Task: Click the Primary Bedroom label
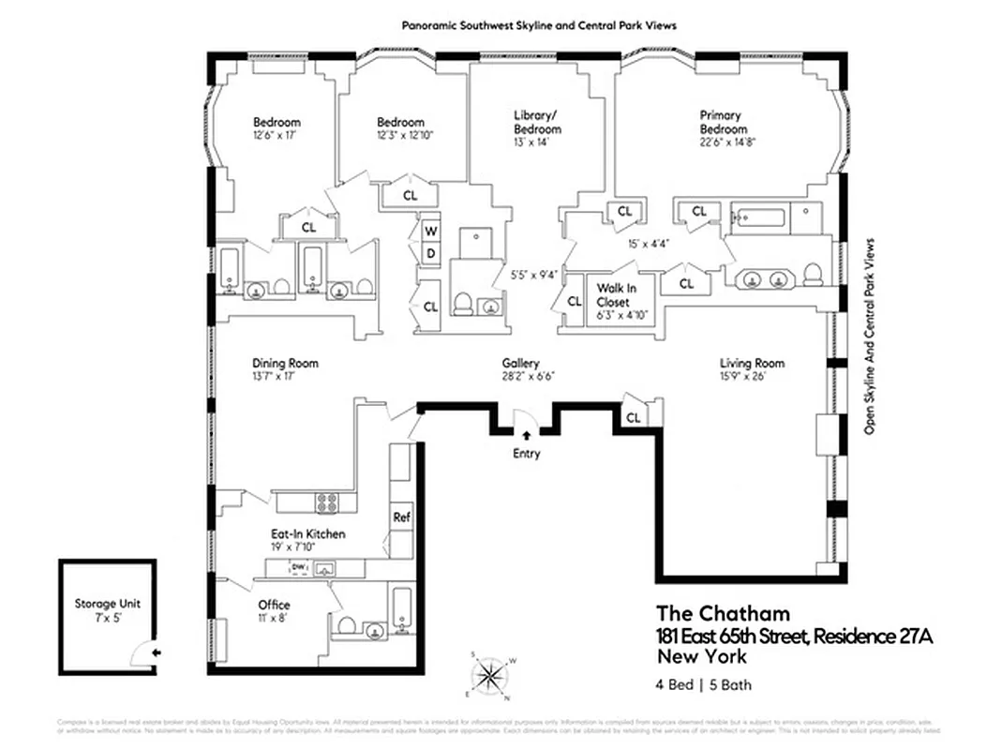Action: pos(724,122)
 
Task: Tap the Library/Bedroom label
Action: pos(537,122)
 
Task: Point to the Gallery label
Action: pos(520,363)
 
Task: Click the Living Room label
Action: pos(752,363)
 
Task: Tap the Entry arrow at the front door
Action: pos(526,434)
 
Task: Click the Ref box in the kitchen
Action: pos(401,517)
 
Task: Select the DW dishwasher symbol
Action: pos(299,568)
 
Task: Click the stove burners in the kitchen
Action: pos(327,502)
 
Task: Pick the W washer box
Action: pos(431,231)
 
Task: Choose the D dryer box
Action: pos(431,254)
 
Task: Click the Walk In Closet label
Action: pos(613,296)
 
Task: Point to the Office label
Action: pos(274,605)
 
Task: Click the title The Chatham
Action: pos(723,614)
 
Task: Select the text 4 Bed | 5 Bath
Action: pos(703,684)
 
